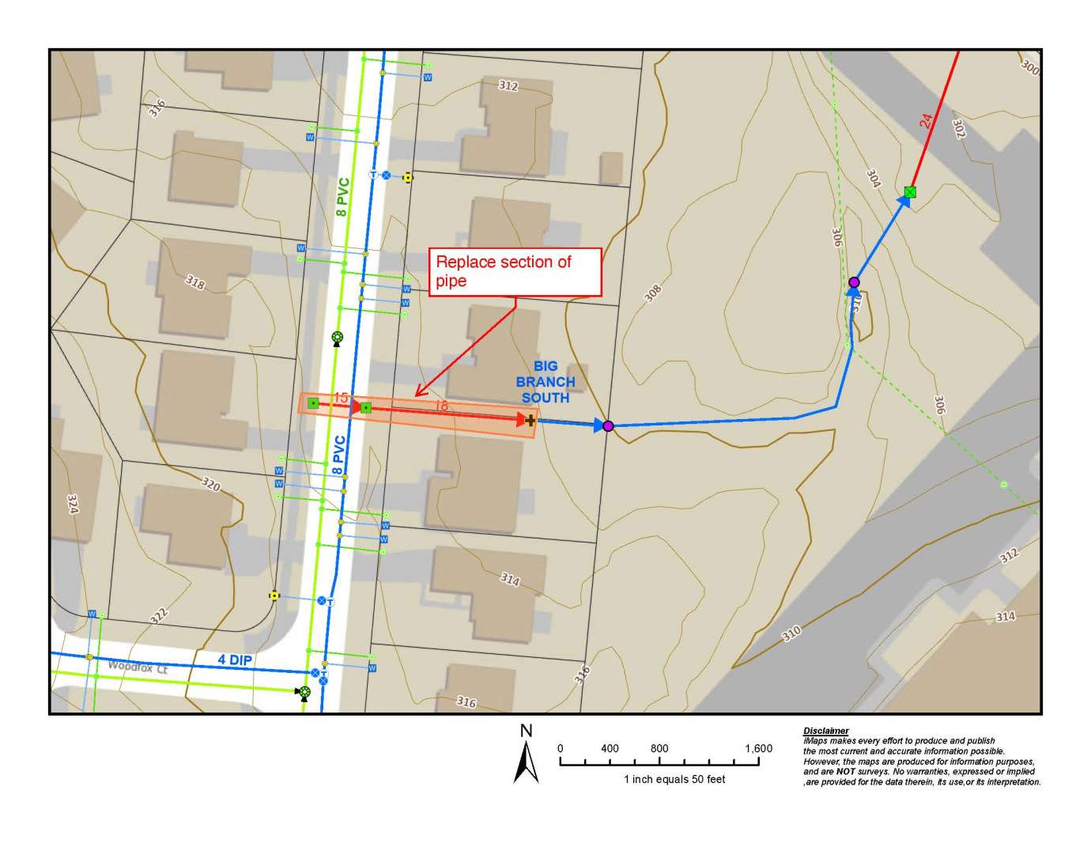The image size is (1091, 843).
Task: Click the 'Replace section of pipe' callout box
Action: (x=515, y=272)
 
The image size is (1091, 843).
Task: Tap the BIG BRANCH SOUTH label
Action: (x=545, y=382)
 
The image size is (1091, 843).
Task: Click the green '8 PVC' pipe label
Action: (x=342, y=197)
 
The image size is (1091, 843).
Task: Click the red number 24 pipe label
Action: (x=926, y=121)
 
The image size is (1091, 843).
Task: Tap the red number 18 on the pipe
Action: (x=441, y=406)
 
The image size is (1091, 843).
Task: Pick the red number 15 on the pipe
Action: (x=341, y=397)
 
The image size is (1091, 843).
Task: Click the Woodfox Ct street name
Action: (x=138, y=667)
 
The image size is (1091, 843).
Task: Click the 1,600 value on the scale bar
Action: (x=758, y=748)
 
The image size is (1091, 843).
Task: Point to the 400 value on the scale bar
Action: (x=610, y=748)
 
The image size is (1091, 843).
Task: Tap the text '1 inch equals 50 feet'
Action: (x=674, y=779)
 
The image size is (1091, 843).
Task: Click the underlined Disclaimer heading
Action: (x=825, y=731)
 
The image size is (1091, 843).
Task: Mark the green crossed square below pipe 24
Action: (x=910, y=191)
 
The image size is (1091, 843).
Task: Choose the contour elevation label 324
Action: (x=73, y=505)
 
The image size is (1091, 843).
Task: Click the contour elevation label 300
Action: (x=1029, y=66)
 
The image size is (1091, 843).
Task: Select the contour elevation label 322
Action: (x=159, y=615)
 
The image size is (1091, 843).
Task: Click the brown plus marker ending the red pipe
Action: (x=530, y=420)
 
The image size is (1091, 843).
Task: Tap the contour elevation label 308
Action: (x=652, y=293)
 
